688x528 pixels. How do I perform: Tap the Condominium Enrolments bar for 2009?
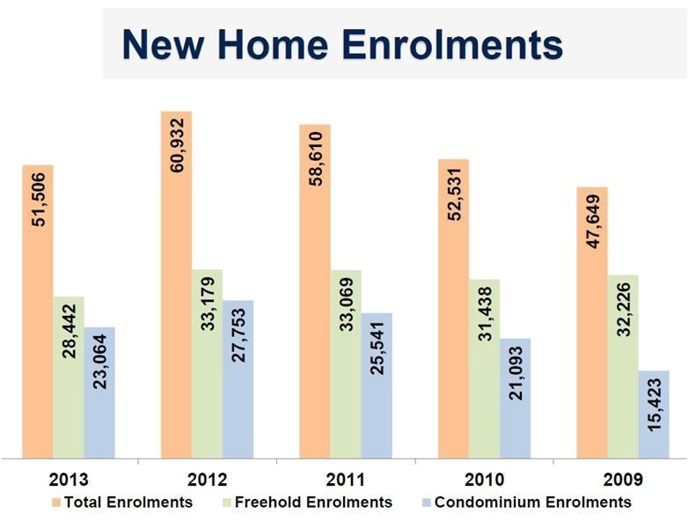654,414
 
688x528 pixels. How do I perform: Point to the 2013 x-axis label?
69,480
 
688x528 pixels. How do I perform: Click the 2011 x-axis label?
346,480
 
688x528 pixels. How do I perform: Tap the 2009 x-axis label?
623,480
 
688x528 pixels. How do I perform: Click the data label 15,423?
654,414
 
